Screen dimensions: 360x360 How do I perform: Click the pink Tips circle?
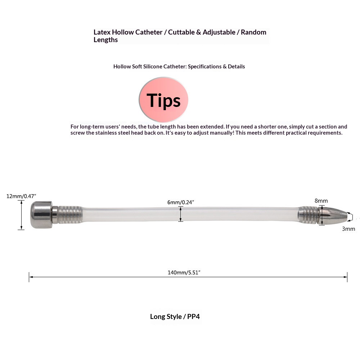(163, 100)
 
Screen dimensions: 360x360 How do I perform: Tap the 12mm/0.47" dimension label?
(21, 196)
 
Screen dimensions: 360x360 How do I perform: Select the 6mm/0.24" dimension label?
(181, 202)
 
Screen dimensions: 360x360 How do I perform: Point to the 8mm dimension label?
(321, 201)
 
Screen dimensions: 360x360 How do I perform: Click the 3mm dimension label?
(348, 229)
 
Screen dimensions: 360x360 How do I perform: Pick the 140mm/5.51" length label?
(184, 273)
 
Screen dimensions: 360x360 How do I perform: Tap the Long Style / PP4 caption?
(175, 317)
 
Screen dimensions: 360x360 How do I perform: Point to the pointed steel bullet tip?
(335, 216)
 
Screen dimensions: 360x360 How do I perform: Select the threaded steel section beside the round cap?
(69, 215)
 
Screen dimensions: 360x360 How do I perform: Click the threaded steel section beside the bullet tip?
(309, 215)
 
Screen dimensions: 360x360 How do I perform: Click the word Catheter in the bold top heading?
(149, 32)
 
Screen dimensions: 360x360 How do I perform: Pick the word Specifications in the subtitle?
(204, 67)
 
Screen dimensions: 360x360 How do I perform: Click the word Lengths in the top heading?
(105, 40)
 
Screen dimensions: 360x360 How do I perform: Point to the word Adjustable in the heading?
(218, 32)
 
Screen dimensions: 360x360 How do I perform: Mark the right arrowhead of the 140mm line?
(346, 277)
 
